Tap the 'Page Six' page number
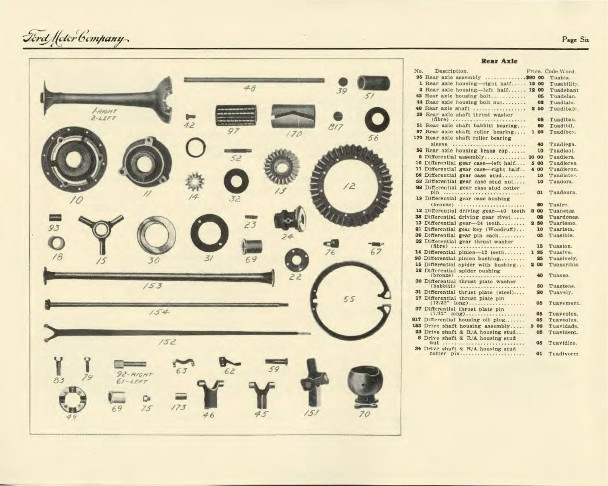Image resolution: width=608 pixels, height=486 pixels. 575,39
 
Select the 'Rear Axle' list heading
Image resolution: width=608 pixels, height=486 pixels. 499,61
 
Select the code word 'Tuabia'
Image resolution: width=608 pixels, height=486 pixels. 560,77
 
